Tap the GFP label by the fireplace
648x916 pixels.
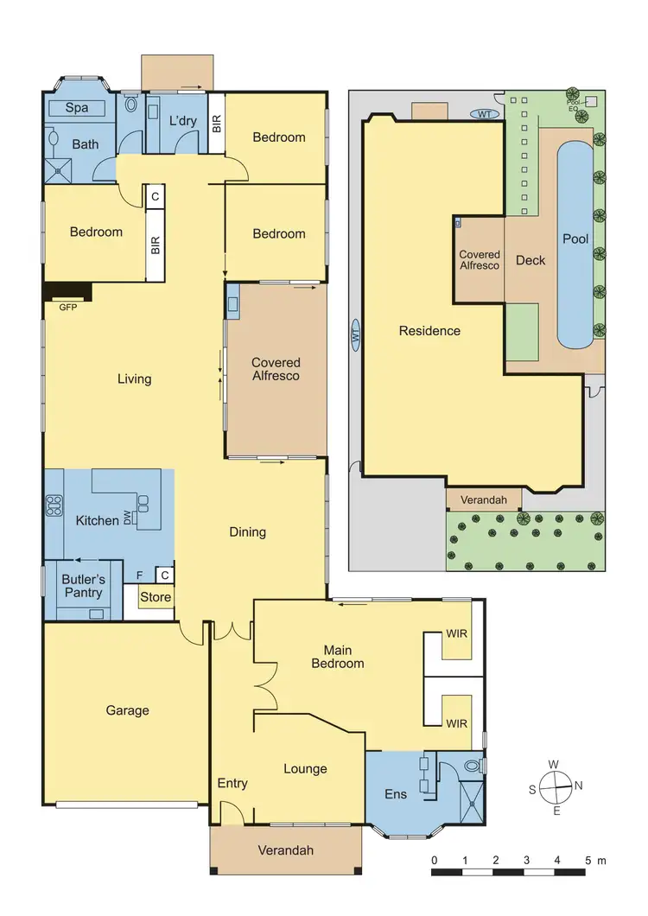[x=67, y=306]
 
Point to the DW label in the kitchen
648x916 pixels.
[x=127, y=518]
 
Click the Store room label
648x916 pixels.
[x=156, y=597]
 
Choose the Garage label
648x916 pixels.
[x=128, y=710]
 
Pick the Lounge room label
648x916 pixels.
[x=305, y=768]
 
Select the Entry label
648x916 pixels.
[x=232, y=783]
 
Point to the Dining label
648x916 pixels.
[x=247, y=532]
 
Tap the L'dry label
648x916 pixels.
[x=182, y=120]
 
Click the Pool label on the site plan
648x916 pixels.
[x=575, y=239]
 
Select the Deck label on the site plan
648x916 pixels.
[x=530, y=259]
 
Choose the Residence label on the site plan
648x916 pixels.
[x=429, y=330]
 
